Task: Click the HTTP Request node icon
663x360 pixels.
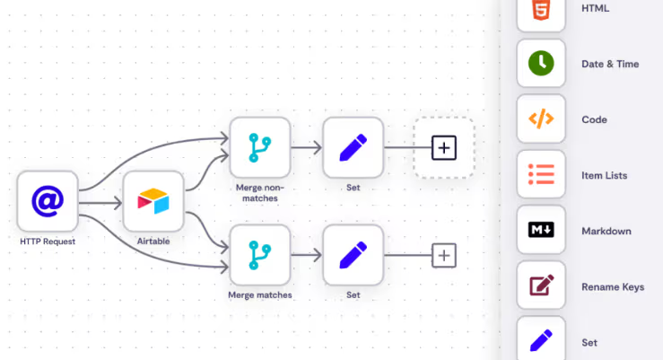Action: tap(48, 201)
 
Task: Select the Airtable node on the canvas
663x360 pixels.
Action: tap(153, 201)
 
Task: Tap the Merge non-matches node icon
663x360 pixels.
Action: tap(260, 147)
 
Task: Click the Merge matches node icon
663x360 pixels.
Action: tap(260, 255)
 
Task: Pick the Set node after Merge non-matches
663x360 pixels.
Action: tap(353, 147)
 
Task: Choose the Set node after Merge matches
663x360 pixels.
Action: tap(353, 255)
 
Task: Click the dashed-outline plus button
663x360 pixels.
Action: tap(443, 147)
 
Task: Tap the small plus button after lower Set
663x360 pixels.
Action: tap(444, 255)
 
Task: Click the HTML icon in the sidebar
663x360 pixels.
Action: tap(541, 12)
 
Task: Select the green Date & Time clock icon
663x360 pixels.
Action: tap(541, 64)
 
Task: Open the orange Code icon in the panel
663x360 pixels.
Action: tap(541, 119)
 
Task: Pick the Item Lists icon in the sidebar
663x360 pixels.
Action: tap(541, 175)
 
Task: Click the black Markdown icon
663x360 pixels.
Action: tap(541, 231)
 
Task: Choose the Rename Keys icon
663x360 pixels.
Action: tap(541, 286)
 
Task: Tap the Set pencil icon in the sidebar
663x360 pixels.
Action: tap(541, 340)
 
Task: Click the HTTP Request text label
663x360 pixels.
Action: tap(48, 241)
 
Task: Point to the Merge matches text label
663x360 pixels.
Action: tap(260, 294)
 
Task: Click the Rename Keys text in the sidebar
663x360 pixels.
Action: tap(613, 287)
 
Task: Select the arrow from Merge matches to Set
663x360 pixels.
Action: tap(306, 255)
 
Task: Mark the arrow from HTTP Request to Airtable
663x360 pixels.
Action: tap(100, 202)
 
